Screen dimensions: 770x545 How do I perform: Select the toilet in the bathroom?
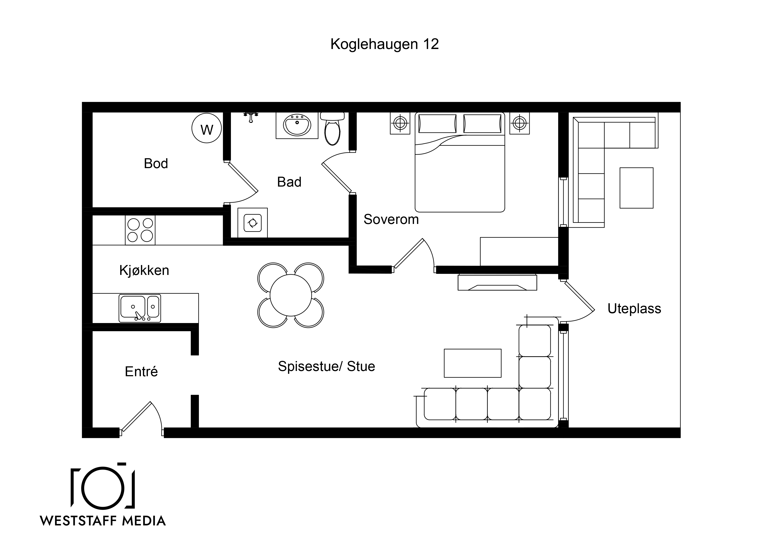click(332, 129)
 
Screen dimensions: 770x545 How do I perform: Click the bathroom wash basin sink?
click(297, 125)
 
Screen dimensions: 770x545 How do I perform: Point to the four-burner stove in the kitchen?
click(140, 230)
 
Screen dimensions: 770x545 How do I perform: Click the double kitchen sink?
click(140, 308)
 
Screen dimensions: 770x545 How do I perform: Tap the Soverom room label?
click(391, 219)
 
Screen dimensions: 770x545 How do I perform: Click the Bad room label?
click(289, 182)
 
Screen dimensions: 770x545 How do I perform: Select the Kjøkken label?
click(144, 270)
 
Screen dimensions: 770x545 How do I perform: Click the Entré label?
click(141, 371)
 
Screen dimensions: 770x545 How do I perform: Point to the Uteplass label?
click(634, 309)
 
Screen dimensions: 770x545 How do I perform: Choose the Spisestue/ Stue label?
click(326, 366)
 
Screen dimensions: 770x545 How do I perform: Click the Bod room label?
click(156, 163)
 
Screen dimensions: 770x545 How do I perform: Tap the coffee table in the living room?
click(473, 363)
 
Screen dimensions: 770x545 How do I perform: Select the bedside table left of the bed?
click(400, 123)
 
